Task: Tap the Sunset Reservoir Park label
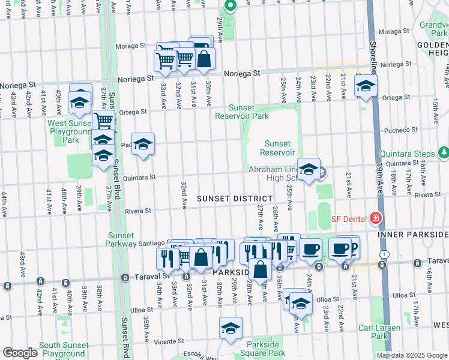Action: [243, 112]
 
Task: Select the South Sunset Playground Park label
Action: [64, 350]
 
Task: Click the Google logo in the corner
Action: [20, 353]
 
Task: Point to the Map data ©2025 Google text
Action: [412, 355]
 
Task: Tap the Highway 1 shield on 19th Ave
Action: [385, 254]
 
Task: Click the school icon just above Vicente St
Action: [231, 328]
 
